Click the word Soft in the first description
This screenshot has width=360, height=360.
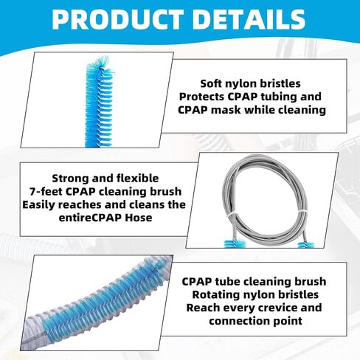(214, 83)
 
